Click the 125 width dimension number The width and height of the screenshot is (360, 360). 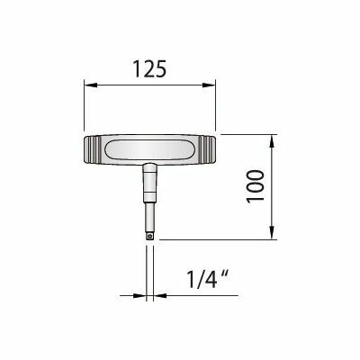pos(149,69)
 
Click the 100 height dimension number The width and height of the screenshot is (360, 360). pos(256,186)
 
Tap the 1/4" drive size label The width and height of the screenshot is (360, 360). pos(209,279)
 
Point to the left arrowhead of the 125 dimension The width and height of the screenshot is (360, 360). pos(91,85)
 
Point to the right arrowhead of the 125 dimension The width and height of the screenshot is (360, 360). pos(209,85)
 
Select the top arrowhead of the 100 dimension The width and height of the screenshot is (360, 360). pos(272,141)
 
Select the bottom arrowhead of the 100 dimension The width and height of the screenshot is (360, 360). pos(272,233)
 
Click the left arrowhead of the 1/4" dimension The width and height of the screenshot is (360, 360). pos(139,296)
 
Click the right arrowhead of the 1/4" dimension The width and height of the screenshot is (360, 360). pos(159,296)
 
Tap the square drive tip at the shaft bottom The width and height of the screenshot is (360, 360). pos(149,237)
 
